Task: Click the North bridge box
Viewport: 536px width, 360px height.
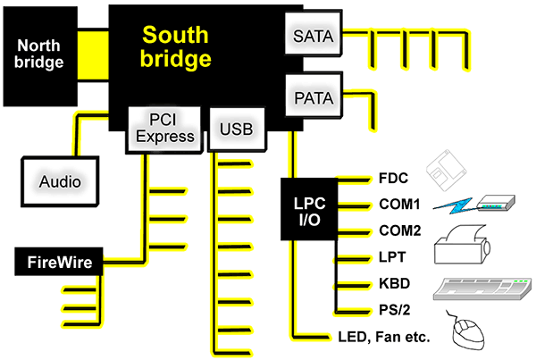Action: point(40,54)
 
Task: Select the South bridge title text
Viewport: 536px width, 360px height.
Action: point(177,47)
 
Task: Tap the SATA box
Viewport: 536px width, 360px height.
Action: point(312,37)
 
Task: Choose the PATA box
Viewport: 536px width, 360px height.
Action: point(312,95)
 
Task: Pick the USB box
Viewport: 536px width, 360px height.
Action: point(236,130)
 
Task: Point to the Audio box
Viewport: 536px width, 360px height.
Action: point(60,181)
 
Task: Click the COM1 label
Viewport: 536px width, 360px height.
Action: point(398,204)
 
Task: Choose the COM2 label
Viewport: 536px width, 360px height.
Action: point(398,230)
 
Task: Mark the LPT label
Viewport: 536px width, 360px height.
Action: point(391,258)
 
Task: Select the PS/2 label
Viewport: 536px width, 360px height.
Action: point(394,312)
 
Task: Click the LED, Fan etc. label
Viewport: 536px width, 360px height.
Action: point(385,339)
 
